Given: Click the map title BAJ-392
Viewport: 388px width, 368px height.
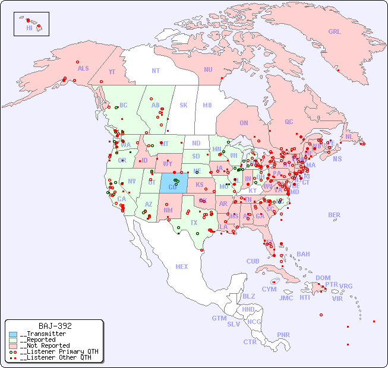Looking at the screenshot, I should point(55,326).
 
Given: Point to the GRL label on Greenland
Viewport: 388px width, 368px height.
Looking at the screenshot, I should point(335,32).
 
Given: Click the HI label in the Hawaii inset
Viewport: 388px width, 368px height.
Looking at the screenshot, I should point(29,28).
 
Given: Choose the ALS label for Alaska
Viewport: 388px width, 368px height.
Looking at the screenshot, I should point(83,68).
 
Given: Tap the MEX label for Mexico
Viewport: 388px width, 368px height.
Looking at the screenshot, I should point(181,267).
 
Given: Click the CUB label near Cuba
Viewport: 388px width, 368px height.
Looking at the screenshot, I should point(253,261).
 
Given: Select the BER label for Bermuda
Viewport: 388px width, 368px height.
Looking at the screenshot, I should point(334,215).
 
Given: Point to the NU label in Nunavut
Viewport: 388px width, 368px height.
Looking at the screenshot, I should point(208,69).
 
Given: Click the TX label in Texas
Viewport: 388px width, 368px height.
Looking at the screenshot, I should point(194,223).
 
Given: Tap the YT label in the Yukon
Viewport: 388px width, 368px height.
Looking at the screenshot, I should point(112,72).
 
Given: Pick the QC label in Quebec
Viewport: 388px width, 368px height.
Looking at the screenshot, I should point(289,122).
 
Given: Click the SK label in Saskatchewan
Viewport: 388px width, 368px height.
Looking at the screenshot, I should point(184,105).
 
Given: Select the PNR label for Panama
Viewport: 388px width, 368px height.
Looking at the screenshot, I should point(283,335).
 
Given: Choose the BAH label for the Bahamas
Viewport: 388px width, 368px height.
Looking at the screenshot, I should point(303,254).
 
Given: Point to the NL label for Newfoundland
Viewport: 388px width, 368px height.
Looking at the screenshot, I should point(349,136).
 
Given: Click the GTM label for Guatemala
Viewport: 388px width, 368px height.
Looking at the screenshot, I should point(219,318).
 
